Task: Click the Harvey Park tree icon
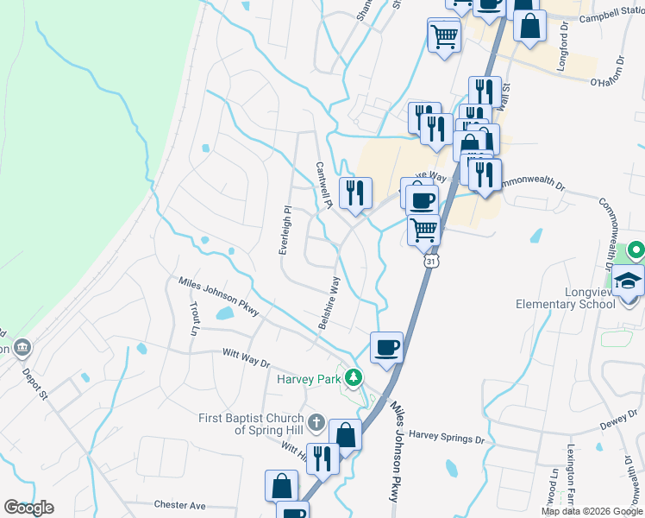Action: (353, 377)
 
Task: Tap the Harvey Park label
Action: (309, 378)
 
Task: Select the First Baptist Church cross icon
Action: (316, 424)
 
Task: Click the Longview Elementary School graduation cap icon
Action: (628, 281)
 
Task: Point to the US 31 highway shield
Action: (429, 259)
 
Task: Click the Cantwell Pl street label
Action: (324, 186)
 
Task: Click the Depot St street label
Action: (36, 382)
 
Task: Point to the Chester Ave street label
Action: (179, 504)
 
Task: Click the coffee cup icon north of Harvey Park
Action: (386, 347)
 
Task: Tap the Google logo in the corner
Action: (28, 508)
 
